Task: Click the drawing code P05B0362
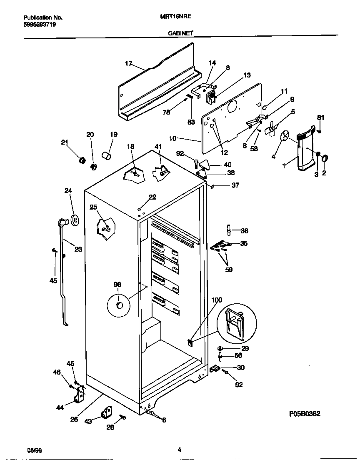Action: pyautogui.click(x=305, y=414)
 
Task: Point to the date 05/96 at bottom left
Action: pyautogui.click(x=35, y=450)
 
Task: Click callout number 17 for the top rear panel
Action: pyautogui.click(x=128, y=64)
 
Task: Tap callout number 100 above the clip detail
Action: pyautogui.click(x=217, y=300)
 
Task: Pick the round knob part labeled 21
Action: pyautogui.click(x=82, y=160)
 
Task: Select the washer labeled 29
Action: pyautogui.click(x=220, y=348)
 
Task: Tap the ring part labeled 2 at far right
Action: pyautogui.click(x=325, y=158)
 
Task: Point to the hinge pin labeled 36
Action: pyautogui.click(x=229, y=230)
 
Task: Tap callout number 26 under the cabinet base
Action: pyautogui.click(x=74, y=419)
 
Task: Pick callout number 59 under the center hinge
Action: pyautogui.click(x=229, y=269)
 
